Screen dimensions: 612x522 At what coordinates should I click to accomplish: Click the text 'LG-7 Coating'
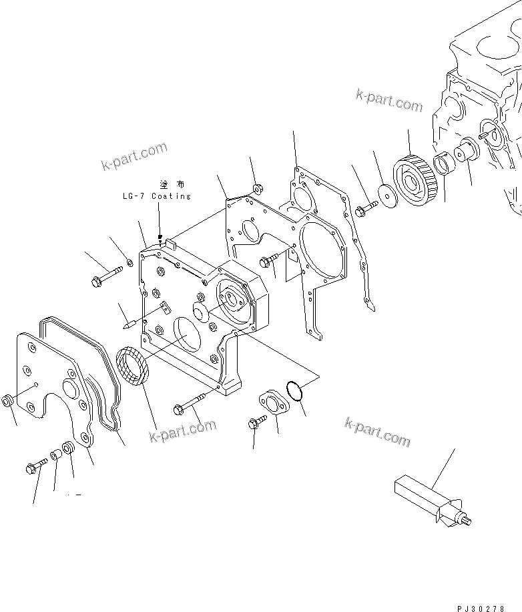(x=157, y=196)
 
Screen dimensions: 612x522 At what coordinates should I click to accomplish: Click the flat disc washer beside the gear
(x=386, y=194)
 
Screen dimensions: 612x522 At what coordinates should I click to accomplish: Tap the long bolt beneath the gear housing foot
(x=191, y=406)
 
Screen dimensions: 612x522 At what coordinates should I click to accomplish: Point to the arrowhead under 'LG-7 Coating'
(x=160, y=236)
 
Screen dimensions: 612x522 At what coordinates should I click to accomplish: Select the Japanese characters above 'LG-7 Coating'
(x=172, y=184)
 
